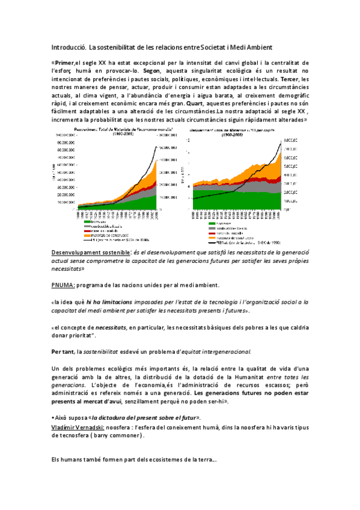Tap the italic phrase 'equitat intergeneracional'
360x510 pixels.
[x=215, y=351]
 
